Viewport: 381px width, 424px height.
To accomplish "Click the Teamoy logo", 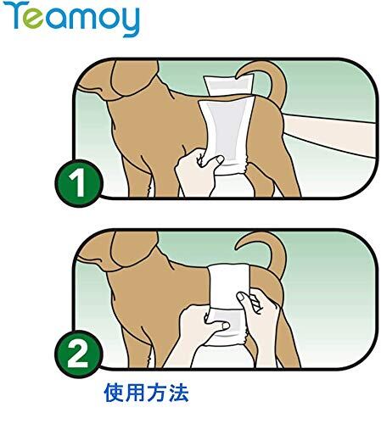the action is pos(72,19).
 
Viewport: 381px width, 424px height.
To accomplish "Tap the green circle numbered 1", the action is pos(79,183).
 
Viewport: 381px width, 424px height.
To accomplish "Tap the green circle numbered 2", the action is pos(78,354).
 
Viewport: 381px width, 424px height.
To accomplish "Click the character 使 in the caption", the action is pos(114,393).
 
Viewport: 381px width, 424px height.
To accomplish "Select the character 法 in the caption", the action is pos(178,393).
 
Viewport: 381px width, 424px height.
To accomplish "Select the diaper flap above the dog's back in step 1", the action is pos(229,86).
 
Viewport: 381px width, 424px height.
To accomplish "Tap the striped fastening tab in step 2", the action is pos(255,303).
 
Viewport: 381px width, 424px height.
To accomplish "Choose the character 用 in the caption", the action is pos(135,393).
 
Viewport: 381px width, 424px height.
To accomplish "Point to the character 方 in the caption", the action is pos(157,393).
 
